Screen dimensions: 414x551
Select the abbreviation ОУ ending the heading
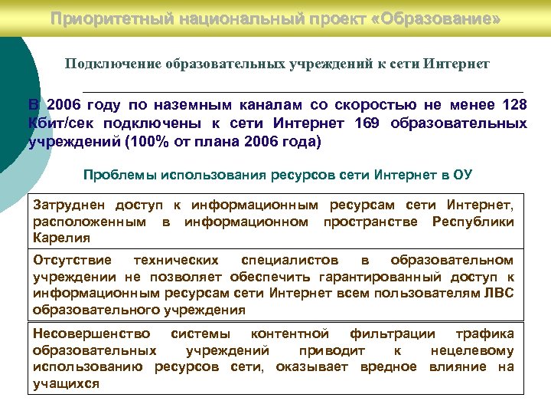[464, 176]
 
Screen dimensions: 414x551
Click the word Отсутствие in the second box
[72, 261]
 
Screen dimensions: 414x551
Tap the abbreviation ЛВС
[497, 293]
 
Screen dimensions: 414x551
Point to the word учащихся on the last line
[66, 383]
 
